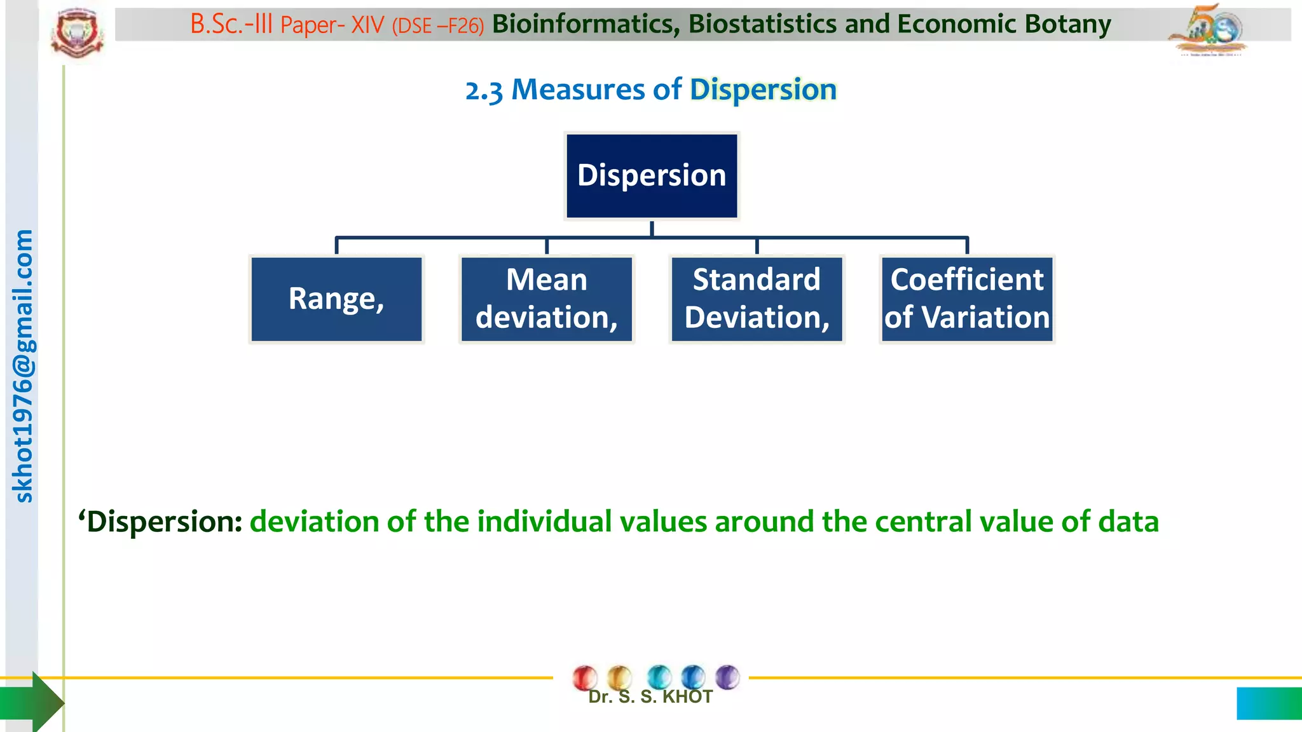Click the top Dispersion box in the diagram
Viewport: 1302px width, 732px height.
(x=652, y=176)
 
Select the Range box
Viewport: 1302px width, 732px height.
(x=336, y=299)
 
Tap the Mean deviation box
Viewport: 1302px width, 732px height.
(x=547, y=299)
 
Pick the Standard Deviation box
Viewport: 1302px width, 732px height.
(x=757, y=299)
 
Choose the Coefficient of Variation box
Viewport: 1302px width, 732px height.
(x=967, y=299)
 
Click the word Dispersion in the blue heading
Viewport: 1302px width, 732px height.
(x=763, y=90)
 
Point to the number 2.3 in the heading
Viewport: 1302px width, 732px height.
(x=484, y=91)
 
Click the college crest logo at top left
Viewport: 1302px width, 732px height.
(x=78, y=33)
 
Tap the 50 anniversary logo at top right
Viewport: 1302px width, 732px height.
(x=1209, y=29)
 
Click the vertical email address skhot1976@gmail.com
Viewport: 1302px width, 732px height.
(x=23, y=366)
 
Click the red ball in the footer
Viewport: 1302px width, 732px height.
(x=585, y=678)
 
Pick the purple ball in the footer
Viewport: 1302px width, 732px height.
(x=727, y=677)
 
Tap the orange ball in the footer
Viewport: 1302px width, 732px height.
(x=619, y=677)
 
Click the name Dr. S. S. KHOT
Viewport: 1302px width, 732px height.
(x=650, y=697)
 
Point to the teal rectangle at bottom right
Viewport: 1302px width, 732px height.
(x=1268, y=703)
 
